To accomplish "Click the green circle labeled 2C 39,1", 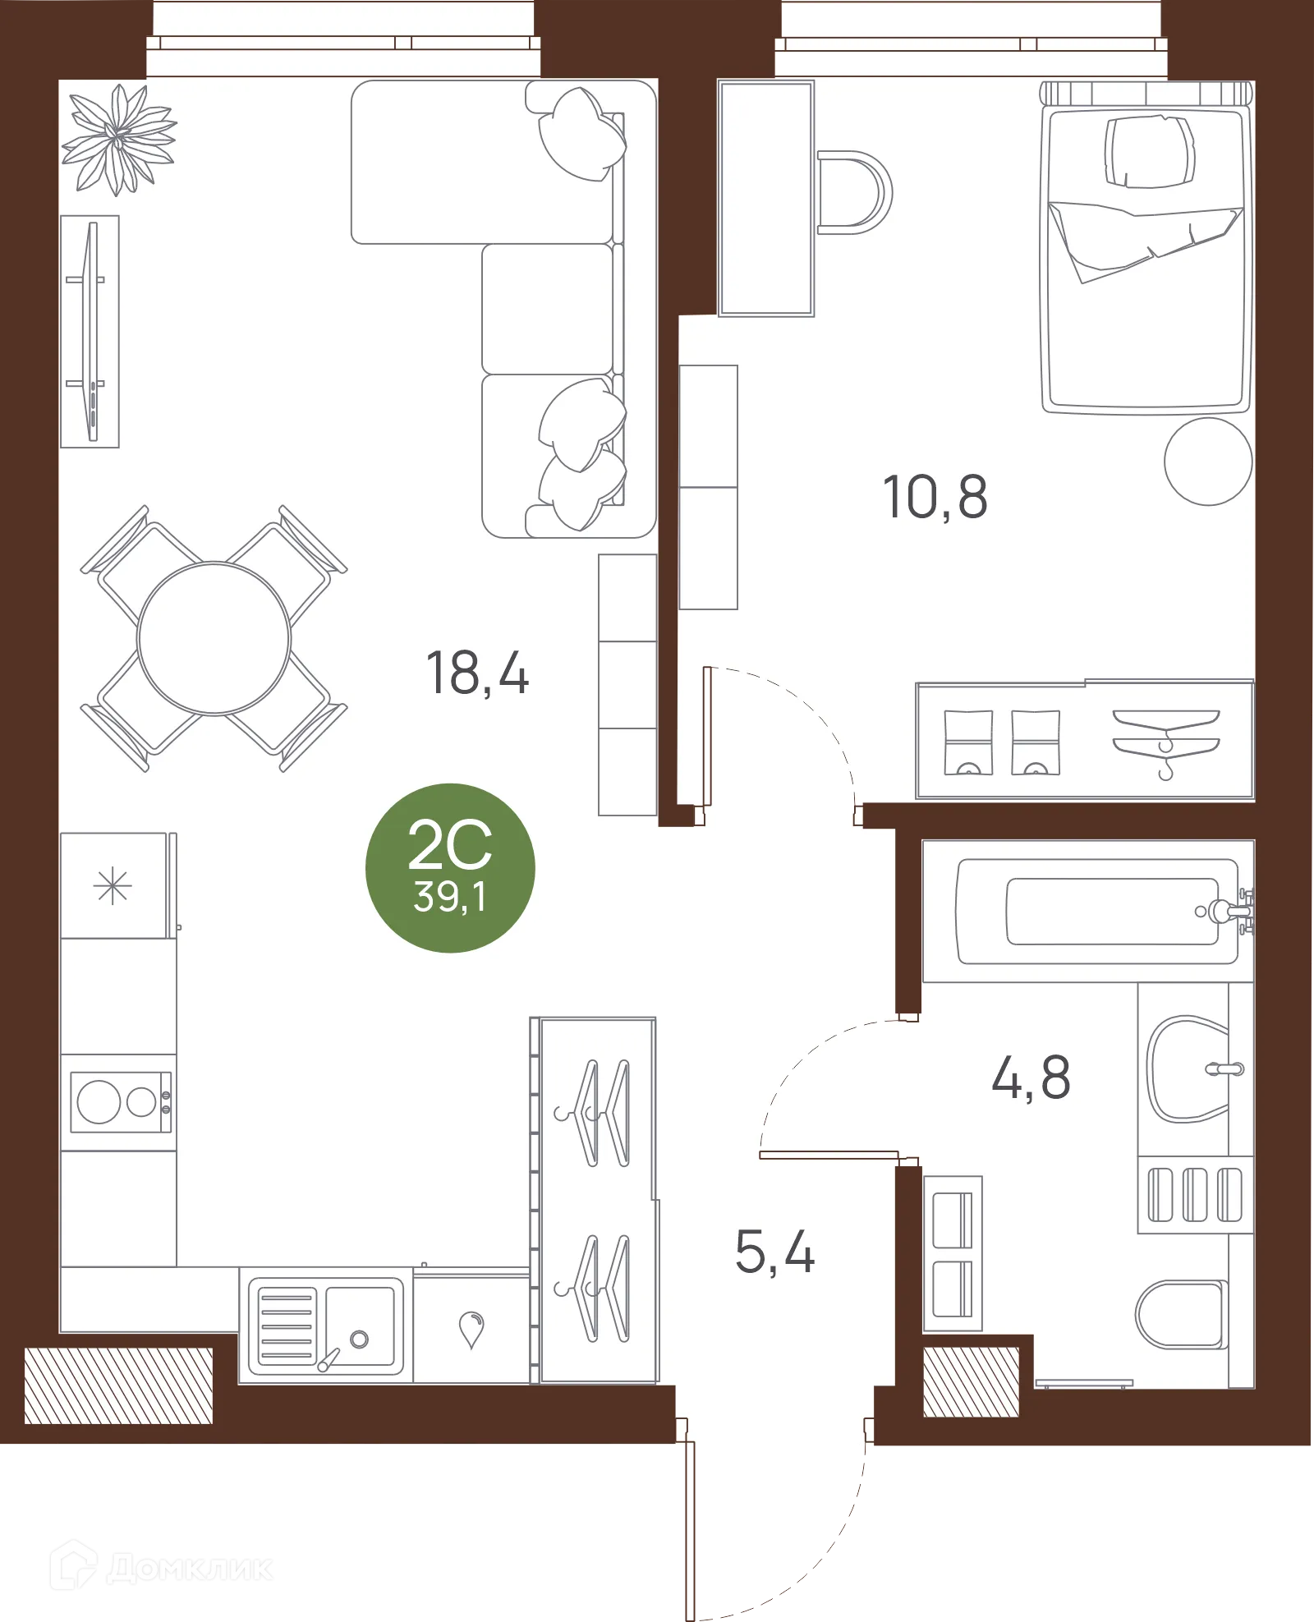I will [x=450, y=868].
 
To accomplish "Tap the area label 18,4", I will [x=477, y=673].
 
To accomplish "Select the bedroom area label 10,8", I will [x=935, y=497].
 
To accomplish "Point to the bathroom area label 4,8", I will [x=1031, y=1077].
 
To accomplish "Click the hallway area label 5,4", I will [x=774, y=1252].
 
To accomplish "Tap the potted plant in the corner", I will [x=118, y=140].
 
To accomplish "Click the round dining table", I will [x=214, y=638].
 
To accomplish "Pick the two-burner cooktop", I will [x=120, y=1101].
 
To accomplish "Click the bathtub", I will [x=1096, y=912].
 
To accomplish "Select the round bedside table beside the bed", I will [x=1207, y=461].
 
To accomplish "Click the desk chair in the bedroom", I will [x=858, y=192].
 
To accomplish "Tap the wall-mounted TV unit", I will [x=90, y=331].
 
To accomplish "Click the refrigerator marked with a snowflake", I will [x=114, y=886].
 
